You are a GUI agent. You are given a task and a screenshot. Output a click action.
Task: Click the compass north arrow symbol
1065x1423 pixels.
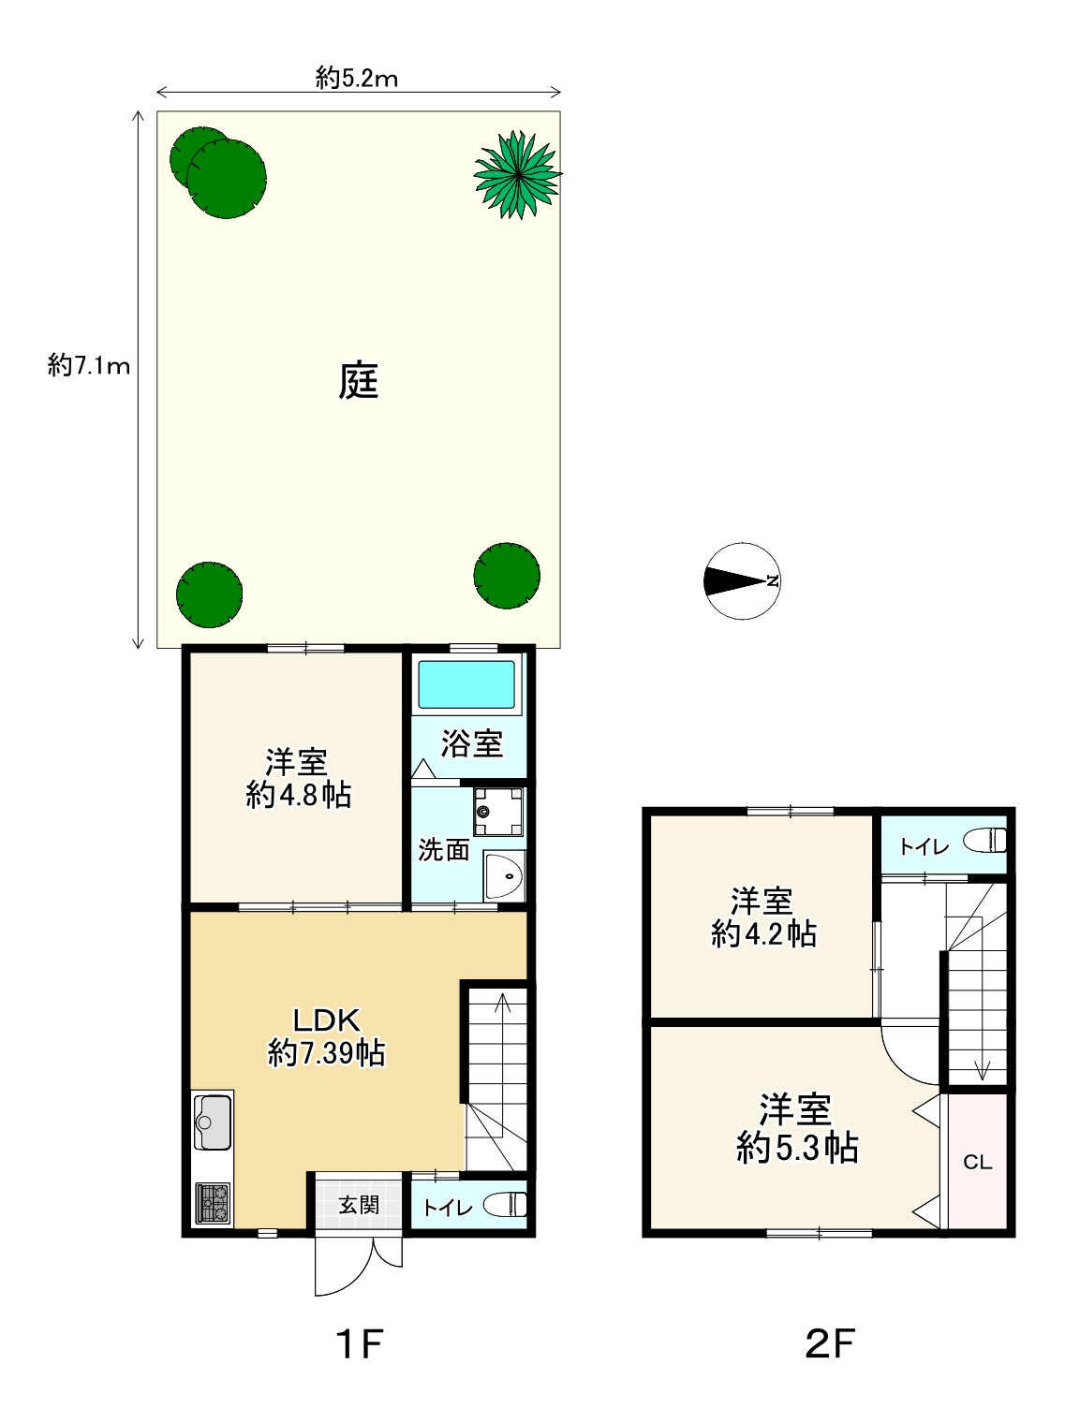742,580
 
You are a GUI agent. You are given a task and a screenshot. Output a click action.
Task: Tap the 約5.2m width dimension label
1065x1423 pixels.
357,79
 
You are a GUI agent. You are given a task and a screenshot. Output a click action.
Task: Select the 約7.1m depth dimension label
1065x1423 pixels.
89,366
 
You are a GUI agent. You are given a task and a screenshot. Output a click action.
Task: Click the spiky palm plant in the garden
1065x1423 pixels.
518,174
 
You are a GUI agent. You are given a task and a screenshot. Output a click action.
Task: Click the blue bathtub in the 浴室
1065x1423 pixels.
466,684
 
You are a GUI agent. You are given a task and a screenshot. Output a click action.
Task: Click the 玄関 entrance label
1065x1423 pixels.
359,1205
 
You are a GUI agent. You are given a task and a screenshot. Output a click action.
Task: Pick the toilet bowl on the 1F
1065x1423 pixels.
506,1205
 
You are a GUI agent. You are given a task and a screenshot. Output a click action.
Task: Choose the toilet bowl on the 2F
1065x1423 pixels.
985,841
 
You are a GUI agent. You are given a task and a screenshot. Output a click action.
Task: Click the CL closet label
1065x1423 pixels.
978,1163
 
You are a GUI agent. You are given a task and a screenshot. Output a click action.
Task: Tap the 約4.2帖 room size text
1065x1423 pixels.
763,934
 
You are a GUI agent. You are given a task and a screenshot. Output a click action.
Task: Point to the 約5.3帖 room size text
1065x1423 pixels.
797,1148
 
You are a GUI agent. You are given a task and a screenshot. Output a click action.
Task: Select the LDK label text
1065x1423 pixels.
326,1020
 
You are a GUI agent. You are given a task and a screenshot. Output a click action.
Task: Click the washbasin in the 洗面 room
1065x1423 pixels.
504,876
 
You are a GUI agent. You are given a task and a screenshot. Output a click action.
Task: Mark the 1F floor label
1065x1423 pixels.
360,1342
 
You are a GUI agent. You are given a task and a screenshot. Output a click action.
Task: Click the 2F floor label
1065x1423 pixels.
830,1342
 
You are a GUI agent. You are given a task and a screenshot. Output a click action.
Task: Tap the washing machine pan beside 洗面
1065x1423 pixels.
497,812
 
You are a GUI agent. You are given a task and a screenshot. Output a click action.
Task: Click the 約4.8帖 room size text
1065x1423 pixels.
299,795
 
